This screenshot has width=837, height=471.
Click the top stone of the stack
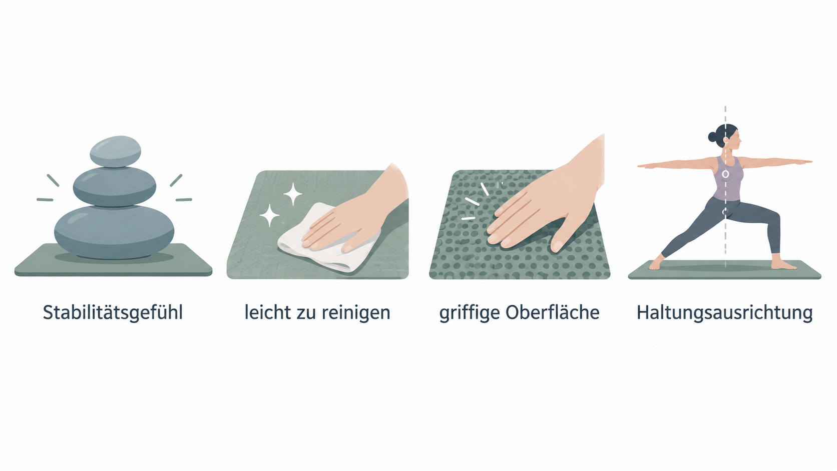click(116, 151)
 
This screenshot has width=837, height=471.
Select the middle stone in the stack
click(114, 186)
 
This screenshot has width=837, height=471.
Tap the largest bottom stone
click(114, 232)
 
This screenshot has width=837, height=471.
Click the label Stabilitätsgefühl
click(113, 313)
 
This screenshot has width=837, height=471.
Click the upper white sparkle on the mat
click(293, 194)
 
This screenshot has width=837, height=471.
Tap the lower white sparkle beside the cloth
click(269, 216)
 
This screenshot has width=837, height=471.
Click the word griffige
click(470, 313)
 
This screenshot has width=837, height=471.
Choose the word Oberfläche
click(553, 312)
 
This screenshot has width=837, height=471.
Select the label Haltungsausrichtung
click(724, 313)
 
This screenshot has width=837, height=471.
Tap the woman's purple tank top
click(727, 179)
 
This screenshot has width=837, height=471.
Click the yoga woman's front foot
click(783, 265)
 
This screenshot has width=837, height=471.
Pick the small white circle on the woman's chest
click(725, 174)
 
